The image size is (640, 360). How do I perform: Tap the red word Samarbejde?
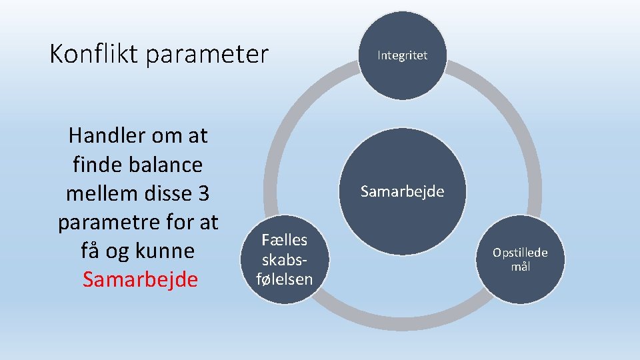pos(140,279)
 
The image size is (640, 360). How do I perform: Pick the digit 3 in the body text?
pos(203,193)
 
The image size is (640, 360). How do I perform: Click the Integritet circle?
pos(402,56)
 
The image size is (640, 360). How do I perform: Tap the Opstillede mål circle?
pos(521,259)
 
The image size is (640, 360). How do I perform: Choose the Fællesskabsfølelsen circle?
pos(284,259)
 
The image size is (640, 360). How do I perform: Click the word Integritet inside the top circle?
pos(402,55)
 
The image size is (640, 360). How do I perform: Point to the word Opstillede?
pos(520,253)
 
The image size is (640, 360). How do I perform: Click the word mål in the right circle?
pos(521,267)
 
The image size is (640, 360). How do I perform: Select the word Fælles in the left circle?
pos(284,240)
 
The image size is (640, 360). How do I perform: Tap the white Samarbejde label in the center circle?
pos(402,192)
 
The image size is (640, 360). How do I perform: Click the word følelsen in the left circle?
pos(285,278)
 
